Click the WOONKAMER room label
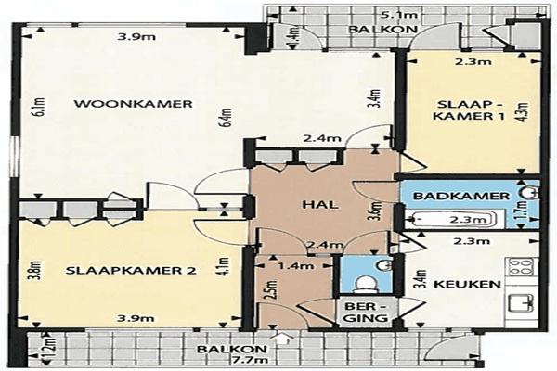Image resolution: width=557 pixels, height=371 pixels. pos(133,104)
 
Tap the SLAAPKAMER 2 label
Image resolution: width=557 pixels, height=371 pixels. pos(131,271)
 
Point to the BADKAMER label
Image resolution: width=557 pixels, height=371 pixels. pos(461,196)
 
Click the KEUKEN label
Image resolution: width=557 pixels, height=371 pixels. pos(467,284)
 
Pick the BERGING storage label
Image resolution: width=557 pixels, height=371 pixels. pos(366,312)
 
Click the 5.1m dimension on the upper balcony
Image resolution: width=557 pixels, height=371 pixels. pos(396,15)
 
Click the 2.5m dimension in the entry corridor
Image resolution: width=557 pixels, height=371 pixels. pos(272,290)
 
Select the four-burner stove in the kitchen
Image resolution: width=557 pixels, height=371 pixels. pos(522,266)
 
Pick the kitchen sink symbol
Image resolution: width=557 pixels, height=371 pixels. pos(522,303)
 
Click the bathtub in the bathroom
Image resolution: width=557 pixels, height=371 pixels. pos(455,220)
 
